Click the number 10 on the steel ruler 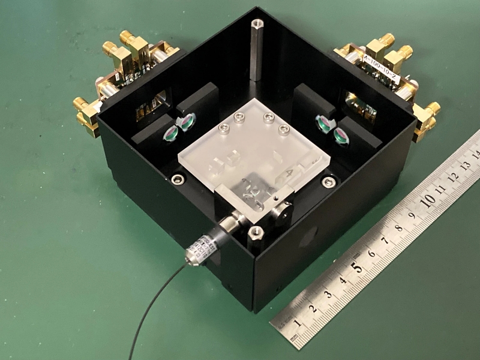428,199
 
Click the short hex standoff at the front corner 255,233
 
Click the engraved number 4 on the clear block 290,174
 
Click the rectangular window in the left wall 151,104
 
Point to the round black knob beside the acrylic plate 284,209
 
